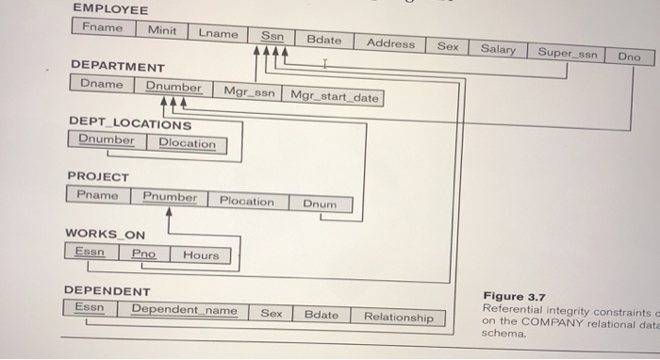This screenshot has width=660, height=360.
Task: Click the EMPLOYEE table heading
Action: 110,9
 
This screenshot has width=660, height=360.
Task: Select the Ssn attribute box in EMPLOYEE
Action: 272,36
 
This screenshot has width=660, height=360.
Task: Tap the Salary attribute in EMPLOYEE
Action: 498,48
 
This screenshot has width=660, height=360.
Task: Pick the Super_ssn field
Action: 567,53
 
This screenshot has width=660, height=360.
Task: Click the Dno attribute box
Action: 628,57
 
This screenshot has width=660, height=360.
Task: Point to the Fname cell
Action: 102,27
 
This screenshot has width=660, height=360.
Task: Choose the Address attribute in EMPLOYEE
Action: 390,42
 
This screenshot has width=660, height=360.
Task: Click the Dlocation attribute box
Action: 187,143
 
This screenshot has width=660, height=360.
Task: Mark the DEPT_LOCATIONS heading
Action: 129,123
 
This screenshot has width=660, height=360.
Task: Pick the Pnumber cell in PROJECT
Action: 170,197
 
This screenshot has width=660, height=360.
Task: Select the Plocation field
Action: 246,201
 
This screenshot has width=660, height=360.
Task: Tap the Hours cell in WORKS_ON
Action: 200,254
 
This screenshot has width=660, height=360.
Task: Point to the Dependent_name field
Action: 184,309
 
